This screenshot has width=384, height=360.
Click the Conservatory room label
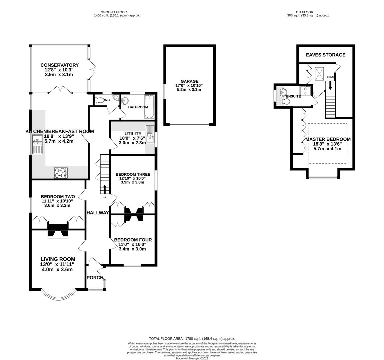[60, 65]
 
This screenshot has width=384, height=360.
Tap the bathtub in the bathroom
[149, 106]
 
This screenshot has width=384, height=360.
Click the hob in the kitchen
[61, 172]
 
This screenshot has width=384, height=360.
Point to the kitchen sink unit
[38, 144]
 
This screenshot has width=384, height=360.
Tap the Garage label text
[190, 81]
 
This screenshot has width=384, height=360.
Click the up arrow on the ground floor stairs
[105, 189]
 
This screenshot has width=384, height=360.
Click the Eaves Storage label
[326, 55]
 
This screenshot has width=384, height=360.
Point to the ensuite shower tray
[305, 91]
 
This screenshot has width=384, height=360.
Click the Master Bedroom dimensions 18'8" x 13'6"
[327, 144]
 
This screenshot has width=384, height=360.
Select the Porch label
[95, 278]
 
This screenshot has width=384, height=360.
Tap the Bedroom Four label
[133, 240]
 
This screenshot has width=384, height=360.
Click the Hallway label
[98, 213]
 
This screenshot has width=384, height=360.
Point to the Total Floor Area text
[192, 338]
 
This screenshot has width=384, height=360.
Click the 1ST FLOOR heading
[308, 12]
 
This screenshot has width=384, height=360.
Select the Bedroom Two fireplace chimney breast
[58, 230]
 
